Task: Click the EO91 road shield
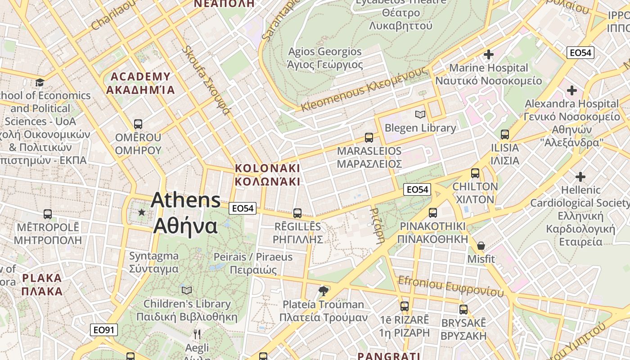point(104,330)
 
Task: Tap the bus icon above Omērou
point(138,124)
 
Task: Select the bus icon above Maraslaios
point(369,137)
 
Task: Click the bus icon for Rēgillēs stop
point(297,213)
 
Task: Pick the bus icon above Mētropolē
point(48,214)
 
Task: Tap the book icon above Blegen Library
point(420,115)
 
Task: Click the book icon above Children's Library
point(187,291)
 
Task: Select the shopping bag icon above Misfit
point(481,246)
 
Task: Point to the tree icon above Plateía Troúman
point(323,291)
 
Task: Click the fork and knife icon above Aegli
point(197,334)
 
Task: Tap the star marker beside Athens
point(142,212)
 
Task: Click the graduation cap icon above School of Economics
point(40,82)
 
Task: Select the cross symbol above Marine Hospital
point(488,55)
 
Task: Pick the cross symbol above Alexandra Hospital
point(571,90)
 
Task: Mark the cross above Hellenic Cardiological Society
point(580,176)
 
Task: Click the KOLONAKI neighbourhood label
point(267,175)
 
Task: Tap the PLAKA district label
point(42,284)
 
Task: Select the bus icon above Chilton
point(475,173)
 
